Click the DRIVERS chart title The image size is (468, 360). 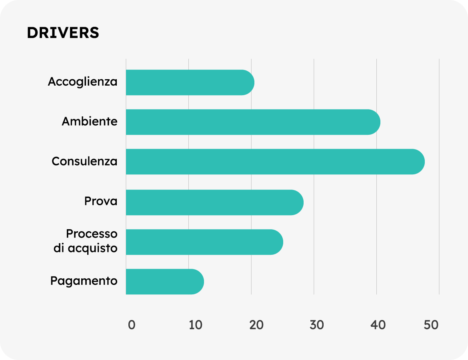[x=63, y=33]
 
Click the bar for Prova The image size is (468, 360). [x=214, y=202]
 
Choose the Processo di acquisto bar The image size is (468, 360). [x=204, y=242]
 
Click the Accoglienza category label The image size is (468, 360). [x=83, y=82]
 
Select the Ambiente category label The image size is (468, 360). [x=90, y=121]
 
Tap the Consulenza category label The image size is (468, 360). [x=84, y=161]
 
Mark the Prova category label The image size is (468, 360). [x=101, y=201]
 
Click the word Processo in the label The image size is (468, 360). [x=92, y=234]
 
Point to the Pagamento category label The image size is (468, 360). [x=84, y=281]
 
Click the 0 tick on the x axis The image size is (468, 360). [x=132, y=325]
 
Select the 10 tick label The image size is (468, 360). [x=196, y=325]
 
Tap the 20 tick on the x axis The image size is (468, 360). [x=256, y=325]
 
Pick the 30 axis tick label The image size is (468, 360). [x=317, y=325]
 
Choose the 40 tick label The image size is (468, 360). [x=378, y=325]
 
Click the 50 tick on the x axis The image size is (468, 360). [x=432, y=325]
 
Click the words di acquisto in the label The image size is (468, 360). [x=86, y=248]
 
